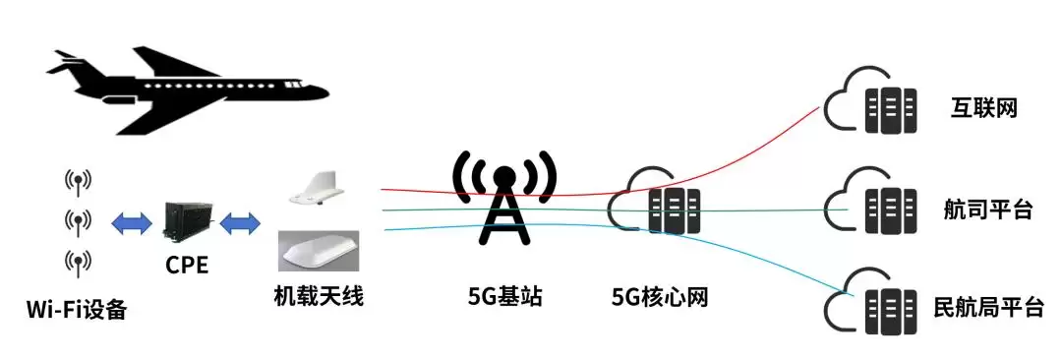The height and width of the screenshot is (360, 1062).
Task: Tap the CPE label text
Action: pos(187,266)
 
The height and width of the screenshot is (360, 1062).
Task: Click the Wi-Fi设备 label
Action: pos(77,311)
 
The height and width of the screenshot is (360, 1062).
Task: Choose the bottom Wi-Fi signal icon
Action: pos(78,263)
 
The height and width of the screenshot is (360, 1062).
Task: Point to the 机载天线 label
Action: pos(319,296)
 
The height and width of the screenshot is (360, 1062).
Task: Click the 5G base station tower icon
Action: pos(503,197)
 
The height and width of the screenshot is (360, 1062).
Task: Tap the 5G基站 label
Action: pos(505,296)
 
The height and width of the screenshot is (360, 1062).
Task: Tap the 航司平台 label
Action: pos(988,210)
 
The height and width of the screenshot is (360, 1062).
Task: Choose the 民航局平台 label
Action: pos(988,308)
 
